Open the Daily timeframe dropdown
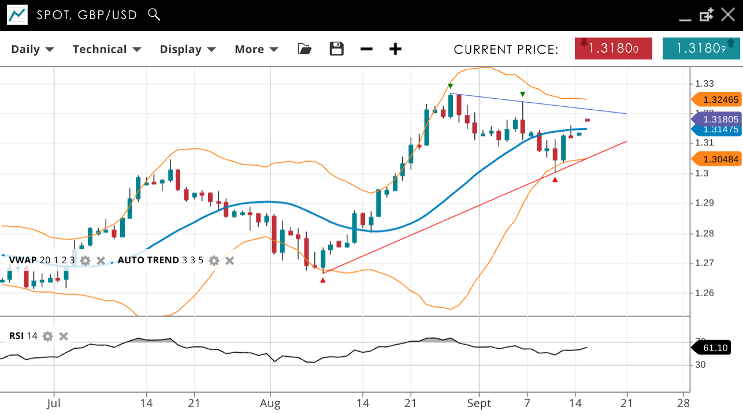coord(32,49)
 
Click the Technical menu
coord(107,49)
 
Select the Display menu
coord(188,49)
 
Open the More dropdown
coord(256,49)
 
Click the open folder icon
coord(304,49)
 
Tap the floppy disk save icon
coord(337,49)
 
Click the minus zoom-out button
coord(366,49)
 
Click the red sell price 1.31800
coord(613,49)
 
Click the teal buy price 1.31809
coord(701,49)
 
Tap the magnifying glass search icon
coord(154,14)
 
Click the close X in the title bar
coord(728,15)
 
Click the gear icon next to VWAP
coord(86,260)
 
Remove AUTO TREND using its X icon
coord(229,260)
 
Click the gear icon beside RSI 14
coord(48,336)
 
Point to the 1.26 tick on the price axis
coord(704,293)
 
